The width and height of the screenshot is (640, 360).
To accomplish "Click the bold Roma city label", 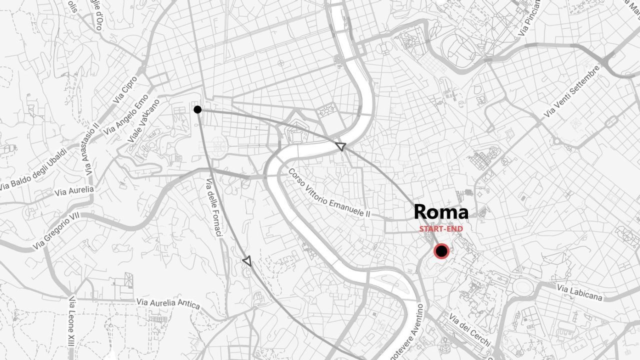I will click(441, 212).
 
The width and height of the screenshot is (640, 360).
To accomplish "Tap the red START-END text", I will click(441, 229).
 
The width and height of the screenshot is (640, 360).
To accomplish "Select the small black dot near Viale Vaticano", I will click(197, 109).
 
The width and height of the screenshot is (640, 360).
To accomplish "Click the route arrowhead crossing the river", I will click(340, 146).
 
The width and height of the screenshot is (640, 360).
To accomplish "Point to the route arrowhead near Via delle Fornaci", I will click(246, 260).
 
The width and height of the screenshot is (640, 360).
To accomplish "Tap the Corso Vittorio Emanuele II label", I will click(329, 193).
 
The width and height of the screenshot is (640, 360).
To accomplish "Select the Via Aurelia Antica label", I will click(168, 303).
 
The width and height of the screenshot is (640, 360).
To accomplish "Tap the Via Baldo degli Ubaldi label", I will click(33, 169).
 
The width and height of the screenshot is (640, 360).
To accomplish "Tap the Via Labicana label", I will click(579, 292).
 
